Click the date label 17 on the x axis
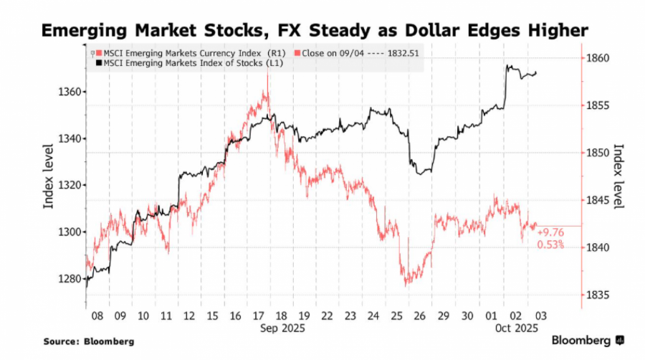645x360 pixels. click(x=259, y=316)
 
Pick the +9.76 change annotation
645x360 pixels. click(x=550, y=232)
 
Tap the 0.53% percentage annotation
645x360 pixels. click(x=550, y=245)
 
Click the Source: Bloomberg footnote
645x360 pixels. click(x=89, y=341)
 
